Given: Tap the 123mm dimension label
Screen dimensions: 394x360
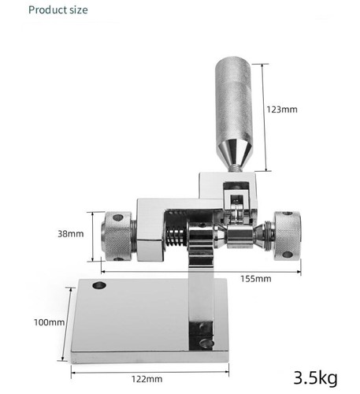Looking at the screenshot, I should [281, 110].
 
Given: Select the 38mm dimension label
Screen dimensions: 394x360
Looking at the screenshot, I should [70, 234].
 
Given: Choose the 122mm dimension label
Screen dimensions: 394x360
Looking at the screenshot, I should [147, 379].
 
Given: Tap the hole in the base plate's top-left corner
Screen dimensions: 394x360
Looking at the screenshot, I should [98, 285].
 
